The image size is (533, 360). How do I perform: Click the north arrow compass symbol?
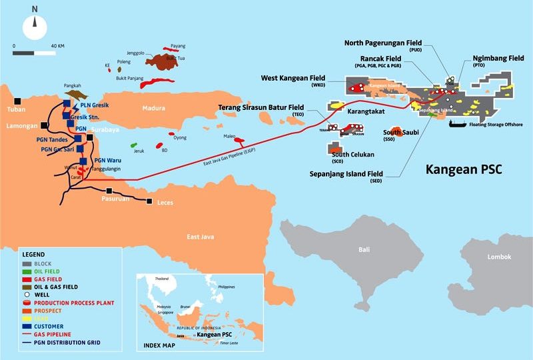pyautogui.click(x=35, y=27)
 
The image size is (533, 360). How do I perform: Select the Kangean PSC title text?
pyautogui.click(x=464, y=170)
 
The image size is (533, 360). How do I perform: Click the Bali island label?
pyautogui.click(x=364, y=249)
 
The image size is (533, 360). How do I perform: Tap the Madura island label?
pyautogui.click(x=153, y=109)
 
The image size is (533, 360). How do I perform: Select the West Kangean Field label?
pyautogui.click(x=288, y=78)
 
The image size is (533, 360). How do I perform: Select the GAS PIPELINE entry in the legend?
pyautogui.click(x=54, y=333)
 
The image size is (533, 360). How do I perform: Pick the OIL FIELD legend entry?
pyautogui.click(x=51, y=271)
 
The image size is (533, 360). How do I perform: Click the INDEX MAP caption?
pyautogui.click(x=160, y=346)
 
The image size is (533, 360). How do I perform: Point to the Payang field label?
pyautogui.click(x=178, y=46)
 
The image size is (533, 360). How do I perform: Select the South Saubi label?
pyautogui.click(x=401, y=132)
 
